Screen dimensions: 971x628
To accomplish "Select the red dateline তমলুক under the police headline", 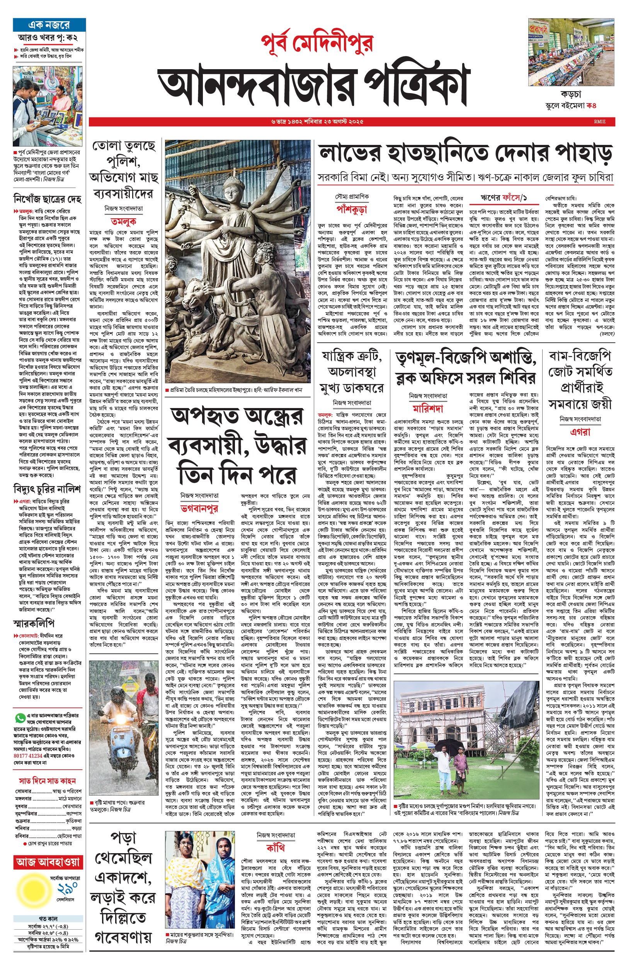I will [124, 222].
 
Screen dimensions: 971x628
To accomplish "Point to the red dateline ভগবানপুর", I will [199, 508].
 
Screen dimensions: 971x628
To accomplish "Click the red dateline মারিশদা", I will [428, 409].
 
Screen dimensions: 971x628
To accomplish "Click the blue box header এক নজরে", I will [49, 25].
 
